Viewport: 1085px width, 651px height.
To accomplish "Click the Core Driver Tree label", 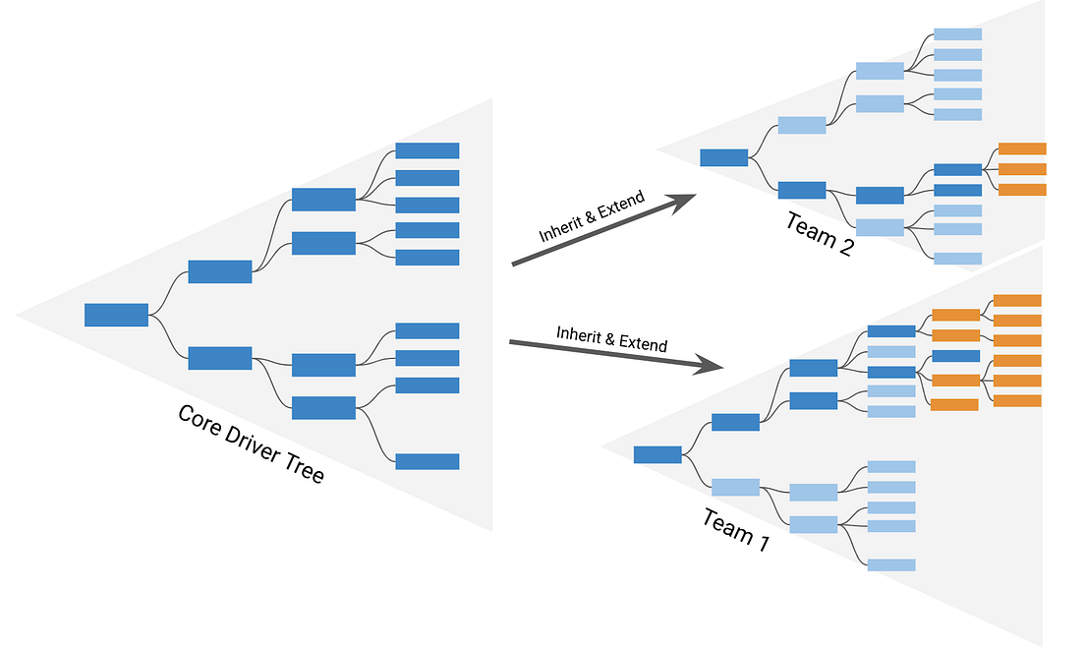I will pos(251,444).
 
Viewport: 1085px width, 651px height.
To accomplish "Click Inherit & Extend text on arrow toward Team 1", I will pos(611,339).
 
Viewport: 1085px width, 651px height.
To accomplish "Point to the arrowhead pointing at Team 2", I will pos(683,202).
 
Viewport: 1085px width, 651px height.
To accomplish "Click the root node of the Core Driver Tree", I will pos(116,315).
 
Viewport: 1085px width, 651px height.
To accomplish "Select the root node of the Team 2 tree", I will pos(723,157).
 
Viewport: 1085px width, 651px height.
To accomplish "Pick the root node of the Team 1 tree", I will pos(657,454).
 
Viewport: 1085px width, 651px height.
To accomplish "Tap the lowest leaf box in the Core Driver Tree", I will pos(428,461).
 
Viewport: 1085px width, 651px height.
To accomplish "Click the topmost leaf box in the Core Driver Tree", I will pos(428,150).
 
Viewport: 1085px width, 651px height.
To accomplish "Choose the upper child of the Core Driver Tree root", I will pos(220,271).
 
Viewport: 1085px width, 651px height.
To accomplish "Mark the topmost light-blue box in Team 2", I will pos(957,34).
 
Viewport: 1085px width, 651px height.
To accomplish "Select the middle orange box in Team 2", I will pos(1022,169).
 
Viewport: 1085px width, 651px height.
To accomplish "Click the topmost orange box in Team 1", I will pos(1017,300).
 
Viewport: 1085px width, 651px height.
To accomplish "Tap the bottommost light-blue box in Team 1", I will pos(891,564).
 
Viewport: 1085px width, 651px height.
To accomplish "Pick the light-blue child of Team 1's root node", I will pos(735,487).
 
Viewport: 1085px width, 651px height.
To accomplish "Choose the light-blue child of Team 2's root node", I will pos(802,125).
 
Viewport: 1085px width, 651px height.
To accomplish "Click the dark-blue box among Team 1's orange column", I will pos(955,356).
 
